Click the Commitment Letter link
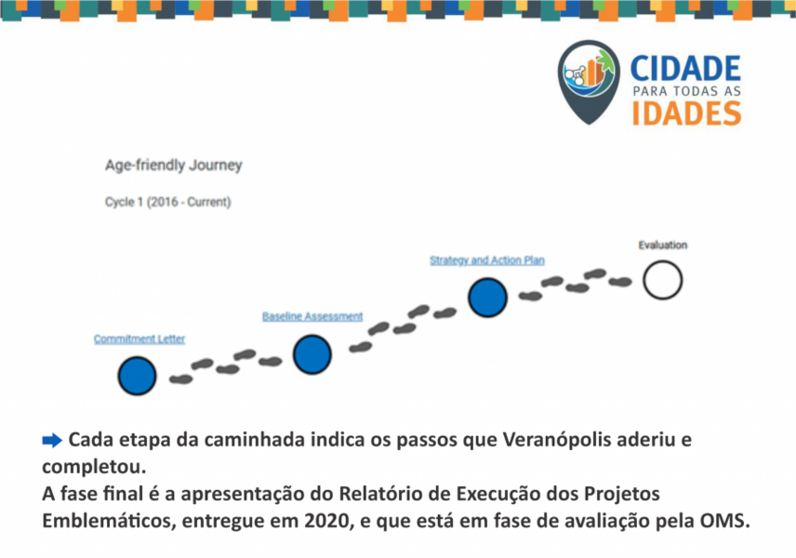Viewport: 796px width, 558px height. (x=139, y=339)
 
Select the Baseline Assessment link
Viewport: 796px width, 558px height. (x=312, y=316)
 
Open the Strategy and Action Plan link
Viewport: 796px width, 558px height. (x=487, y=260)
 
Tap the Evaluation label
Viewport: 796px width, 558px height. (x=662, y=245)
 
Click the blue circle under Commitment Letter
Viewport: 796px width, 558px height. (x=137, y=376)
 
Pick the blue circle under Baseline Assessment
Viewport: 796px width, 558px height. (x=312, y=354)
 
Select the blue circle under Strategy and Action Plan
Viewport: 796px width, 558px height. (x=487, y=298)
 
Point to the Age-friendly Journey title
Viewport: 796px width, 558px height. (x=174, y=166)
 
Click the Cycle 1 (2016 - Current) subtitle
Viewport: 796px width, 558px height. (x=168, y=202)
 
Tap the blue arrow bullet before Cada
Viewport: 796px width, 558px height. (x=52, y=440)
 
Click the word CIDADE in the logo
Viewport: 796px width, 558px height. (x=685, y=69)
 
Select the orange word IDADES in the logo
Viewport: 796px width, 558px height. (x=686, y=113)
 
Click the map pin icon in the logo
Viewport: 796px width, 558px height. (x=589, y=82)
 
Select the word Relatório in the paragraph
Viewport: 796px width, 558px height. (x=375, y=494)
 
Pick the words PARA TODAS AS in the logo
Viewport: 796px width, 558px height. (x=687, y=91)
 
